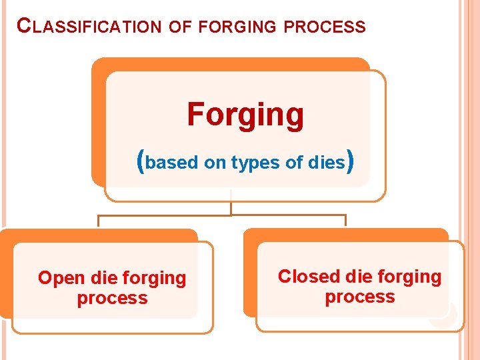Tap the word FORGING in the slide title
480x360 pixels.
tap(237, 27)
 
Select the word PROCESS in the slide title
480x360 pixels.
tap(325, 27)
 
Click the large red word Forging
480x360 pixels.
tap(245, 114)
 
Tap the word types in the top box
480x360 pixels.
tap(253, 162)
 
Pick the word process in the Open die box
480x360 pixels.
tap(112, 298)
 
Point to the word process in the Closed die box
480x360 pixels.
tap(360, 297)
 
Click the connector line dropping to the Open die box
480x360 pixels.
tap(99, 221)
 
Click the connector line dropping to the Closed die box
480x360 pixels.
tap(345, 221)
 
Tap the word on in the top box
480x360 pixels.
tap(215, 162)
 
